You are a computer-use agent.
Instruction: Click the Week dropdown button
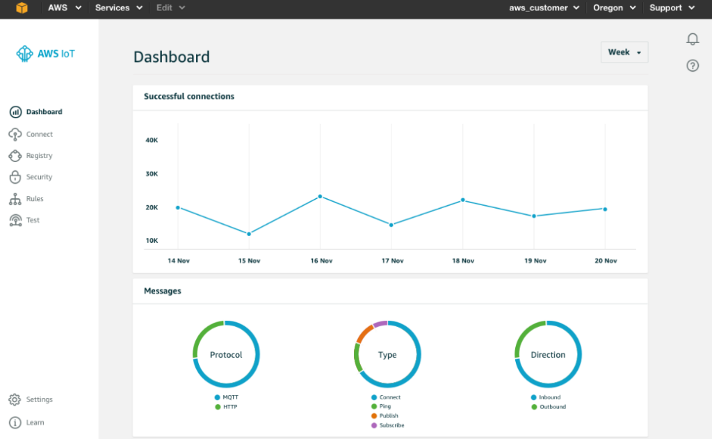[x=624, y=52]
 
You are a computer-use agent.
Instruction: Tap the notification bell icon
[x=693, y=39]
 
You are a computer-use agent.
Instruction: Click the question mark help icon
[x=693, y=65]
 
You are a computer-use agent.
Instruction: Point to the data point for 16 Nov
[x=320, y=196]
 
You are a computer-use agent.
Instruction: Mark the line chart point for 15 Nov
[x=249, y=234]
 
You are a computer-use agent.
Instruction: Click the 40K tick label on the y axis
[x=152, y=141]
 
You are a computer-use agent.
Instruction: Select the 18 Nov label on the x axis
[x=463, y=261]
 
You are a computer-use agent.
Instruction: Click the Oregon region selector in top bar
[x=615, y=8]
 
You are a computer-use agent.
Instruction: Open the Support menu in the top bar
[x=672, y=8]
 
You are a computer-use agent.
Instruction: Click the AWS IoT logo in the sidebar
[x=46, y=54]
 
